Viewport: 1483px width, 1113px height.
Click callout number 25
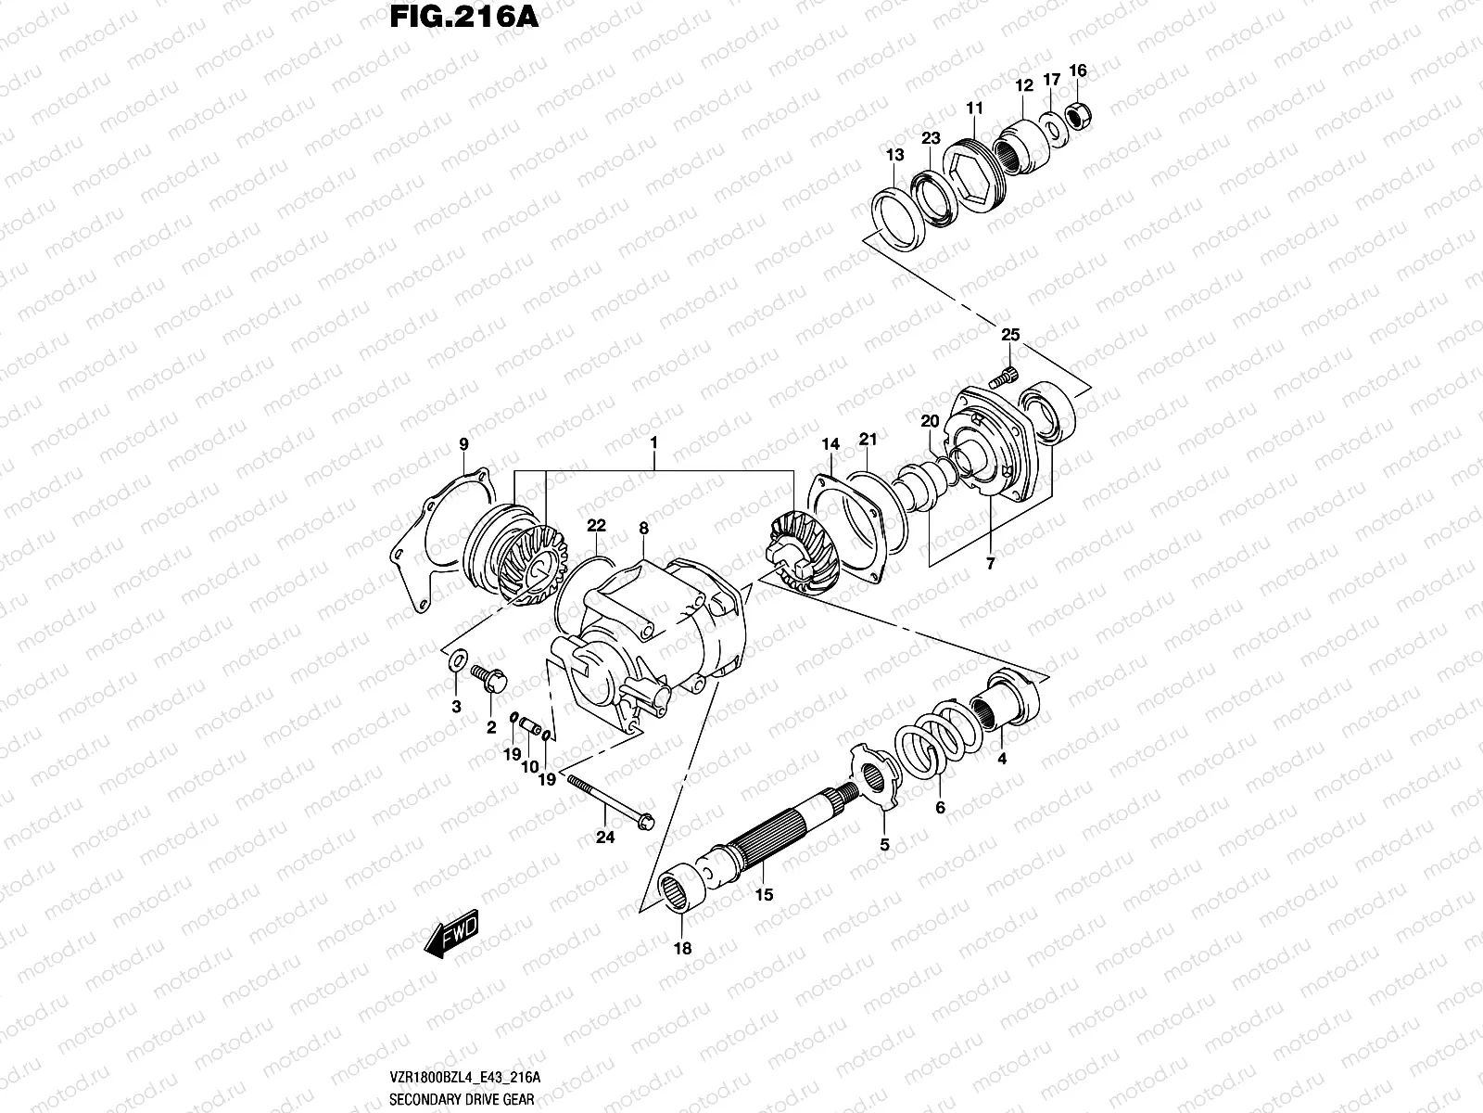(1010, 335)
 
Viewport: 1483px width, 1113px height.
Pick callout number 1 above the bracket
(653, 443)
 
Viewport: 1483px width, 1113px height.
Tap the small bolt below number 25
(1002, 377)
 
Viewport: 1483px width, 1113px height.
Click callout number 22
(595, 526)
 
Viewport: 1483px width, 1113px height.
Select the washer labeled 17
(1052, 128)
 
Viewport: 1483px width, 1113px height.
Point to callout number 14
(830, 446)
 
